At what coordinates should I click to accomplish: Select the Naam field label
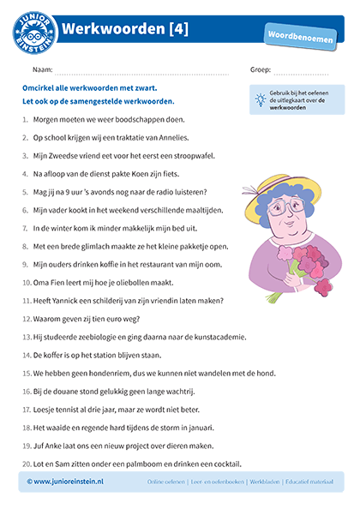click(x=42, y=70)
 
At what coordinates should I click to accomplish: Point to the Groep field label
click(x=261, y=70)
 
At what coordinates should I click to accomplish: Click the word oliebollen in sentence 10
click(x=128, y=282)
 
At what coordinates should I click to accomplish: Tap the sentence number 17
click(x=26, y=410)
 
